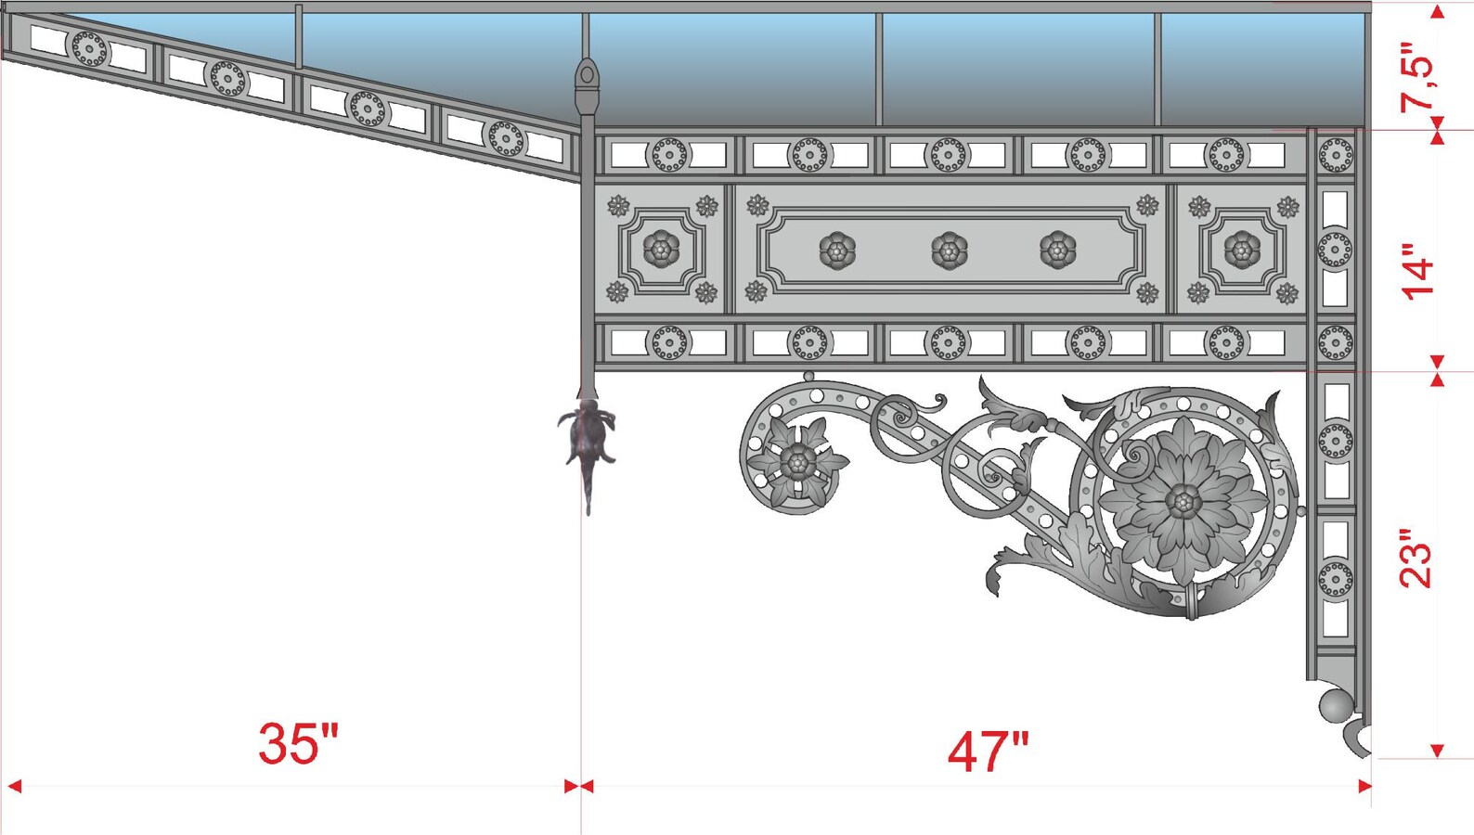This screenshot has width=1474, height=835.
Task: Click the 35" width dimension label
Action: point(299,743)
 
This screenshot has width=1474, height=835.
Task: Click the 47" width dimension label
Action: point(988,751)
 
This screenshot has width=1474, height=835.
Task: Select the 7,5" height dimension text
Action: point(1417,78)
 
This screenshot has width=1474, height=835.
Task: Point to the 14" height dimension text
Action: point(1417,271)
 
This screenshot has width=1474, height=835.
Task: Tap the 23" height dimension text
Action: point(1417,559)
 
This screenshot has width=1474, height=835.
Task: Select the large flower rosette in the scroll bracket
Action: point(1183,501)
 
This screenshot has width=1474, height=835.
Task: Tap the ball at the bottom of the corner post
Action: point(1336,706)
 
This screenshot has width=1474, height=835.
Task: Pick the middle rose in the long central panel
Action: point(949,250)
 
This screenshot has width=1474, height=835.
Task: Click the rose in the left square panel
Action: point(661,249)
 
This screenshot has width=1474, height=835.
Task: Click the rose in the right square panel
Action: point(1242,249)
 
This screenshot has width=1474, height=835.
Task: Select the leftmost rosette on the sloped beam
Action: point(90,48)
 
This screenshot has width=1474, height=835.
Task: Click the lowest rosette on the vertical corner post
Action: point(1335,579)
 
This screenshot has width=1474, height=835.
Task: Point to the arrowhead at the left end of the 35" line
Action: point(14,786)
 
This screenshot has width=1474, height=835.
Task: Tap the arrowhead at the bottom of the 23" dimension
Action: point(1437,750)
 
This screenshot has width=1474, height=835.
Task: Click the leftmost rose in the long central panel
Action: point(837,250)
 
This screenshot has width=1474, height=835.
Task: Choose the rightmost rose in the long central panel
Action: point(1058,250)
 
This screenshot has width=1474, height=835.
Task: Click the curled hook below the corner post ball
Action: point(1357,739)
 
